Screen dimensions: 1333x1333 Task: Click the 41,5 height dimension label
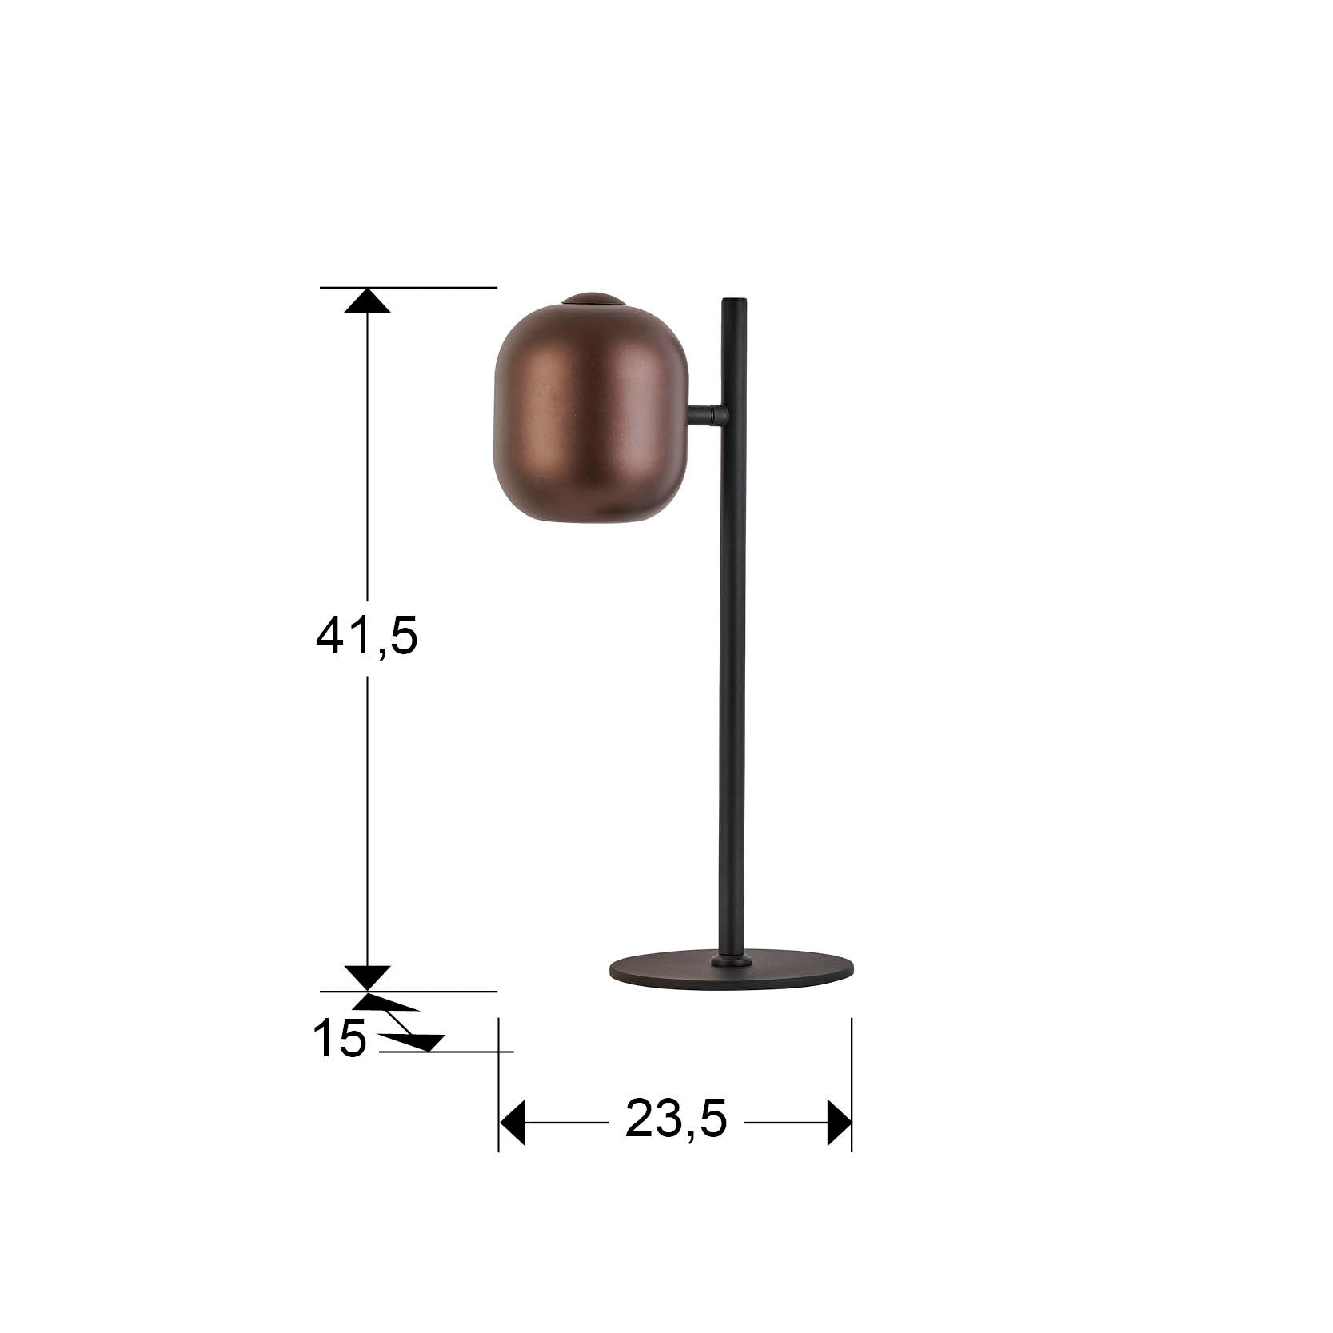[x=367, y=637]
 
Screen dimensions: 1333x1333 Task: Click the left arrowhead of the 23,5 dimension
[x=513, y=1123]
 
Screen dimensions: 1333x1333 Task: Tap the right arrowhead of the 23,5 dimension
[x=839, y=1123]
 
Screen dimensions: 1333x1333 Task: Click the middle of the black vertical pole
[x=731, y=632]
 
